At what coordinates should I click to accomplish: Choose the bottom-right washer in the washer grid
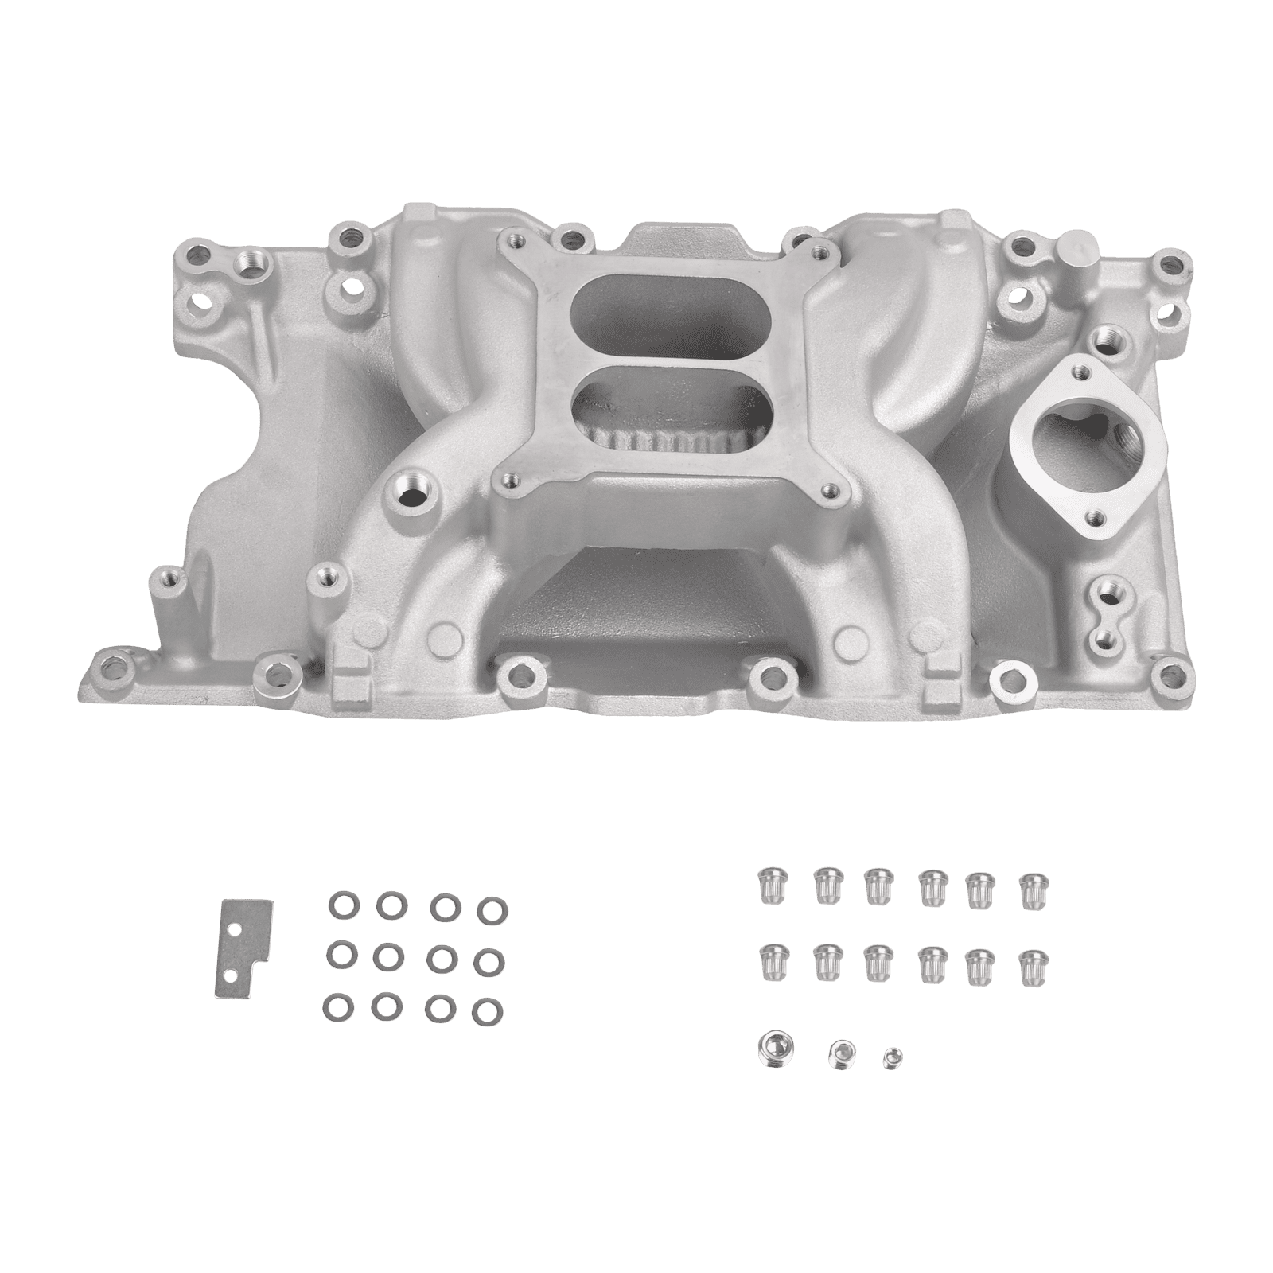tap(482, 1010)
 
